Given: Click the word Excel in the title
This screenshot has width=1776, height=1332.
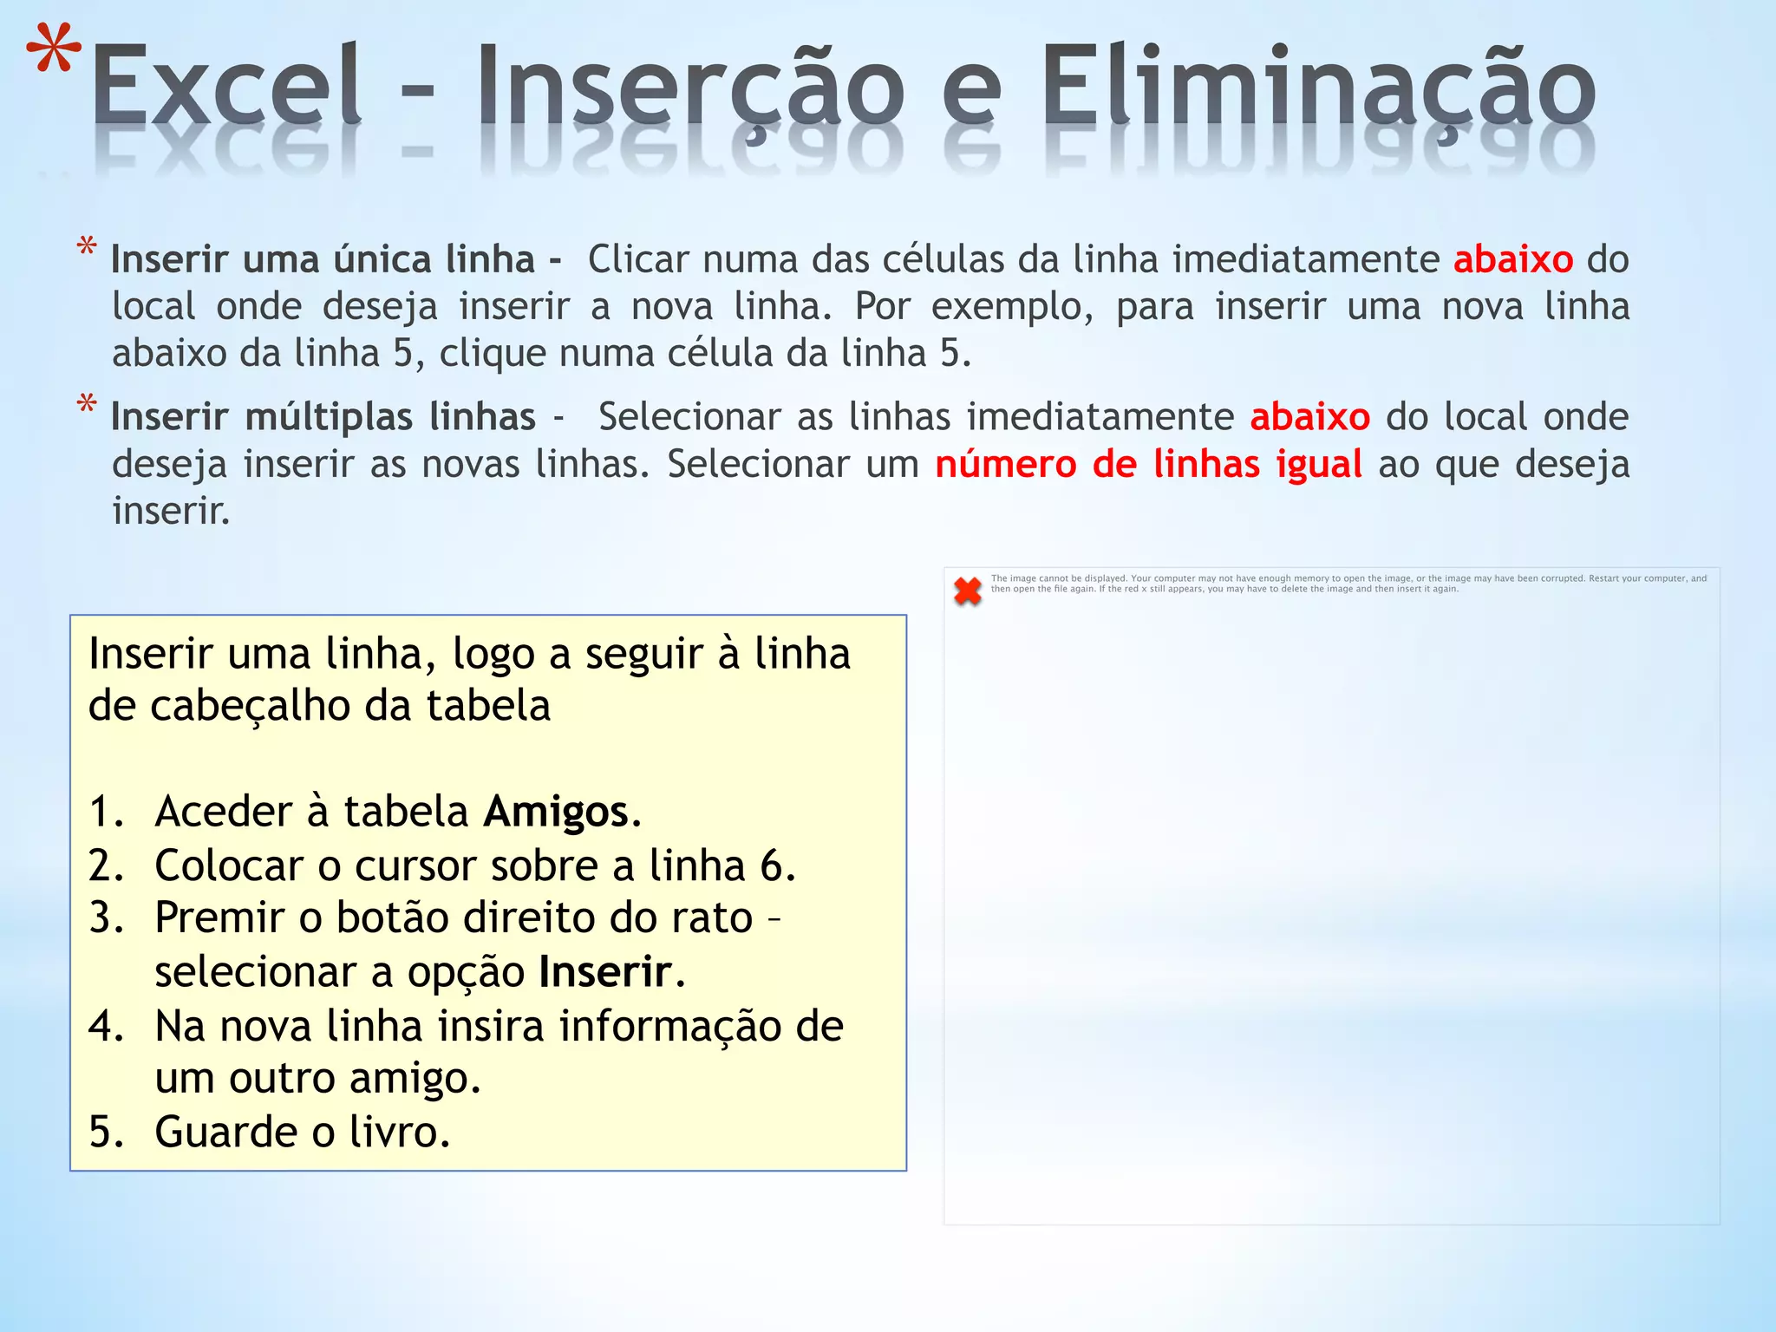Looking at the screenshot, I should [227, 87].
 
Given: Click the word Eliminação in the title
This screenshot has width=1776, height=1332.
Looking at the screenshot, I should [1317, 87].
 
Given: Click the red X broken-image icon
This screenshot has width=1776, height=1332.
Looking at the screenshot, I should [967, 591].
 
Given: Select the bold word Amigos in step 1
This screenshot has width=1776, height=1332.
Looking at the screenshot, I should [556, 813].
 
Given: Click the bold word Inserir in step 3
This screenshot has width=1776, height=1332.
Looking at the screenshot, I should [605, 972].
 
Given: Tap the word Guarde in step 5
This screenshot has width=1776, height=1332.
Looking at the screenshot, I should [225, 1133].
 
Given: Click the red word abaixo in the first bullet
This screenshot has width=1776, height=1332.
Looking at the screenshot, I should [1513, 260].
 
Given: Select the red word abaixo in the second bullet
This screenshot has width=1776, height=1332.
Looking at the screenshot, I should [1309, 418].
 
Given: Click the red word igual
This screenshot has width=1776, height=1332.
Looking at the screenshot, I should [1319, 465].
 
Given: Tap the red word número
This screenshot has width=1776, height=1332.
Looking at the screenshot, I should [1005, 465].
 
